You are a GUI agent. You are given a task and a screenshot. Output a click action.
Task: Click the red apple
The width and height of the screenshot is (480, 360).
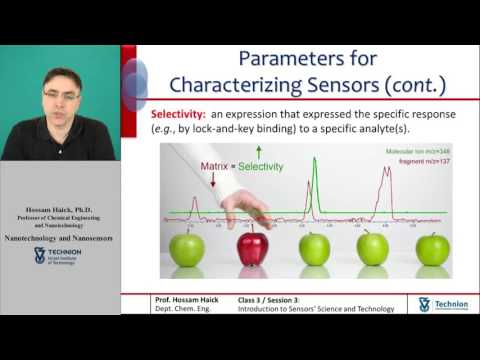252,249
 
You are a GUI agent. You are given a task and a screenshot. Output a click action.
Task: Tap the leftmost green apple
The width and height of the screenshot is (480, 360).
186,249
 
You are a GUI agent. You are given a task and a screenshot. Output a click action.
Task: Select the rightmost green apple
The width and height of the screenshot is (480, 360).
432,249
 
